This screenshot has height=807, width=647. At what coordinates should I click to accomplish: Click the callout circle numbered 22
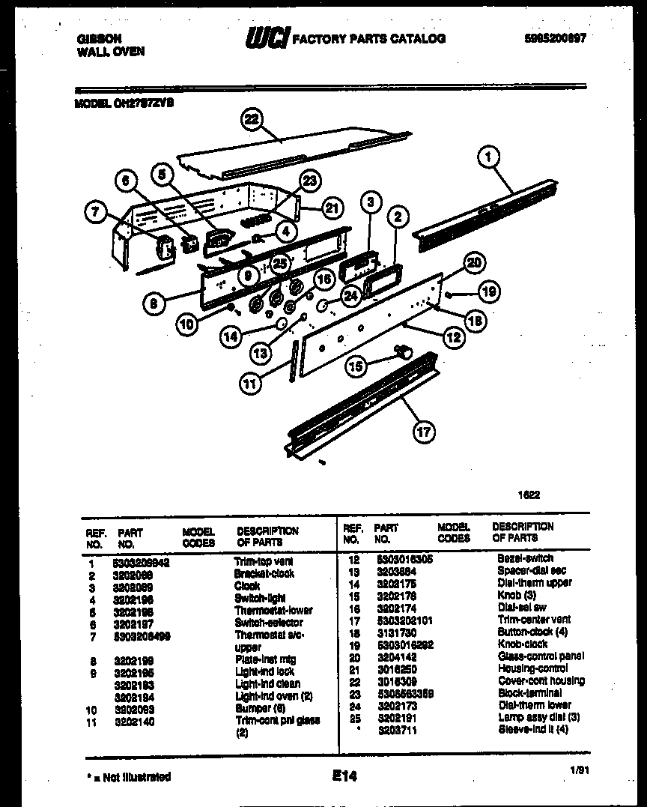coord(252,119)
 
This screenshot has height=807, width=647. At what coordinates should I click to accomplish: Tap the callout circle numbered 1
coord(488,157)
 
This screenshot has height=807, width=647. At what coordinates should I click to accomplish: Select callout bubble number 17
coord(424,431)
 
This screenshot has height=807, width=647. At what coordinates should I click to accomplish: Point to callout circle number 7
coord(95,213)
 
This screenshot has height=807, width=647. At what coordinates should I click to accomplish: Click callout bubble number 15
coord(356,366)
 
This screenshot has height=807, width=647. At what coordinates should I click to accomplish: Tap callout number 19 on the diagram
coord(489,291)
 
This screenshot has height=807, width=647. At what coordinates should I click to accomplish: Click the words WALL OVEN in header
coord(110,52)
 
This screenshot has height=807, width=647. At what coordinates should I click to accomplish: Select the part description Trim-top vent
coord(264,561)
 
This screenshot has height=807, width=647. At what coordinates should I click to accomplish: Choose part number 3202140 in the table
coord(134,721)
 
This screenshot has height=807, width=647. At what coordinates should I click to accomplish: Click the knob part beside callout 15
coord(404,349)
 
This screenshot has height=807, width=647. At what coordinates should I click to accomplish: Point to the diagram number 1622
coord(529,495)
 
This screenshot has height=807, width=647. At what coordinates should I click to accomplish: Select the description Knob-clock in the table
coord(523,644)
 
